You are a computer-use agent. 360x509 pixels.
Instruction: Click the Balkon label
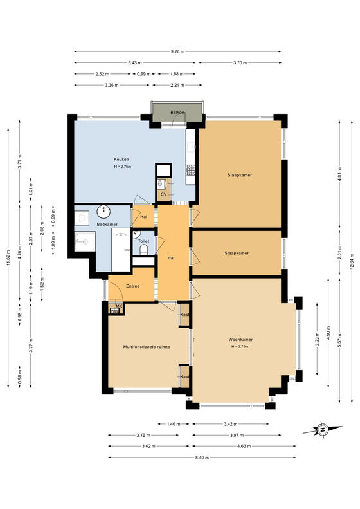tap(177, 113)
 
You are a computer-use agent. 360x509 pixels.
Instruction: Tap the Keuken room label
tap(122, 159)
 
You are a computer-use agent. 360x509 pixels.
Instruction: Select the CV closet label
tap(163, 194)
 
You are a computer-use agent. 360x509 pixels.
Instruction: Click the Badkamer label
tap(107, 225)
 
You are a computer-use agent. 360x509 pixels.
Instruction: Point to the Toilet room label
tap(143, 241)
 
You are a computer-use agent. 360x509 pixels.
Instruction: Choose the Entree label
tap(132, 286)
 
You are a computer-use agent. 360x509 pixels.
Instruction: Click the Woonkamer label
tap(240, 340)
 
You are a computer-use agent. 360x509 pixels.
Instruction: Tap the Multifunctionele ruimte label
tap(147, 347)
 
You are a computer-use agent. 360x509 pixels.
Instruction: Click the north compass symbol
tap(322, 430)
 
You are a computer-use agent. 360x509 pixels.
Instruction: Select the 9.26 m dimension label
tap(177, 51)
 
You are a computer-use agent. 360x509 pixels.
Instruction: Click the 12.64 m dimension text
tap(352, 262)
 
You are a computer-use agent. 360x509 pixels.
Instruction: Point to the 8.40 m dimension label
tap(202, 458)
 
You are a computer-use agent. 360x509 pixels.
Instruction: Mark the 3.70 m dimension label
tap(240, 62)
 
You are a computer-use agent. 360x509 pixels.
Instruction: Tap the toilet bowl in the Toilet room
tap(143, 250)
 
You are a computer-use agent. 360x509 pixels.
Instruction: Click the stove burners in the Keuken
tap(191, 169)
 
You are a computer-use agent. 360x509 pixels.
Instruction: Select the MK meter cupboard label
tap(119, 306)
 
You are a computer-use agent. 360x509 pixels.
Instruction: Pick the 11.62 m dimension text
tap(8, 258)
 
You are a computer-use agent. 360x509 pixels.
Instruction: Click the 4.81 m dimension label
tap(339, 174)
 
